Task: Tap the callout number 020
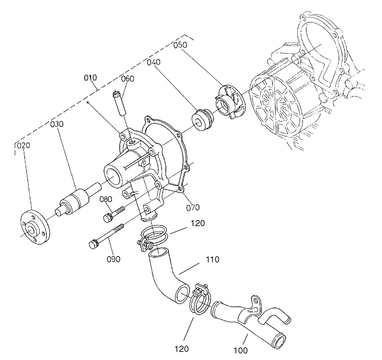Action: (23, 146)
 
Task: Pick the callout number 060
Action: (127, 78)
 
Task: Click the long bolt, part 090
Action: (107, 236)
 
